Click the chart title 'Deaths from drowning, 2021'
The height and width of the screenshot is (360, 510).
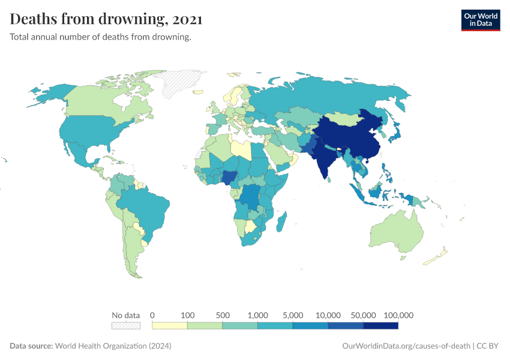(x=106, y=19)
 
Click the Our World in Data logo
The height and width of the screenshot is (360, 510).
(x=480, y=20)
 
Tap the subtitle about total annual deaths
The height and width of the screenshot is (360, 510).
(x=101, y=37)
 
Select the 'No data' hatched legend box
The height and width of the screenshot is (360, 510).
(x=125, y=326)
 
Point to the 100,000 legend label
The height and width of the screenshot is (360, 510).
(x=398, y=315)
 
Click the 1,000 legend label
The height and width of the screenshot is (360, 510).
(x=258, y=315)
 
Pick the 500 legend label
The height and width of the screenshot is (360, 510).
(x=223, y=315)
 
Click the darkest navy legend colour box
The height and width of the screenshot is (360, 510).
(x=381, y=326)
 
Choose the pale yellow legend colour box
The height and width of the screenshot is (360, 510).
(x=170, y=326)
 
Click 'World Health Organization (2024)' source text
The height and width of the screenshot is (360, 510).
(x=113, y=346)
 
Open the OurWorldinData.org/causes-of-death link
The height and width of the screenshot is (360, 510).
(x=406, y=346)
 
